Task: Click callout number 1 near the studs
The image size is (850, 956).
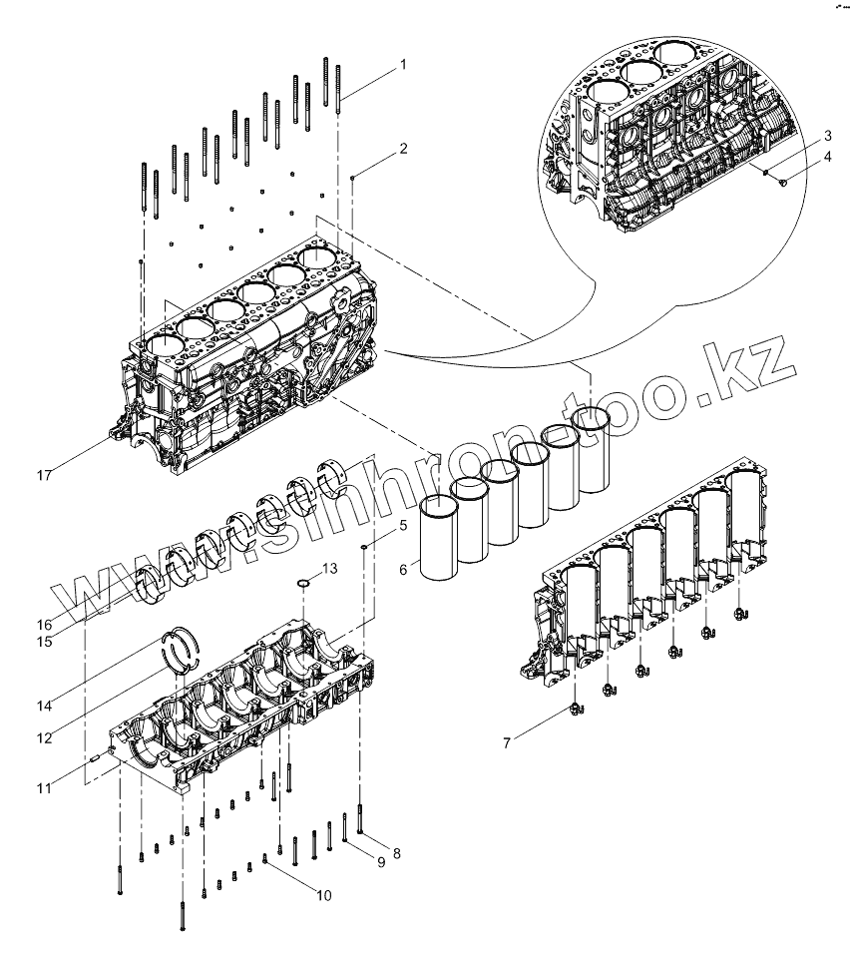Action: coord(403,65)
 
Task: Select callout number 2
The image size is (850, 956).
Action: coord(403,149)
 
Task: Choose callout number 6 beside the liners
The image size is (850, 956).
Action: coord(403,569)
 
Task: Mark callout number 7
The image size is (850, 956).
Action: coord(507,743)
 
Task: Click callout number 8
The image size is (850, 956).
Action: coord(396,853)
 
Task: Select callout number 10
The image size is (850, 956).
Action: coord(323,895)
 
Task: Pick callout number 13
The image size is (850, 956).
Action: coord(329,568)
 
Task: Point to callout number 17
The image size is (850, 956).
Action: coord(44,476)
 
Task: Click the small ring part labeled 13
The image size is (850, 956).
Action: coord(304,584)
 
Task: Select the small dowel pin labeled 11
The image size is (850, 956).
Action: coord(93,755)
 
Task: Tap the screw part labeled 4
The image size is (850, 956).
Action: coord(781,182)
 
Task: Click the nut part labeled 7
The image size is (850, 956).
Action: coord(577,711)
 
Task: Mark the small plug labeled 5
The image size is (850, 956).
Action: coord(367,546)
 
